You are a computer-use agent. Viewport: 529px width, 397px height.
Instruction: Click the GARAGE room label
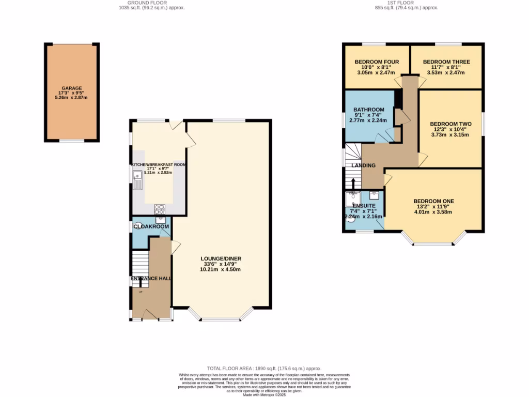click(x=71, y=88)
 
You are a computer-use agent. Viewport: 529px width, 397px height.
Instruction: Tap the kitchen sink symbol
click(x=138, y=181)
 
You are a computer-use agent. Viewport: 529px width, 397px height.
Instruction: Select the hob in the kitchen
click(x=160, y=209)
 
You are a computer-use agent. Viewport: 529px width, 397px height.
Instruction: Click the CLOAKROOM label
click(x=151, y=226)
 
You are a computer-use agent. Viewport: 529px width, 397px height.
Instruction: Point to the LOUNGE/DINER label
click(x=221, y=258)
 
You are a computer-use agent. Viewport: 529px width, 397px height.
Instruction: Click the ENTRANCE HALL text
click(x=151, y=279)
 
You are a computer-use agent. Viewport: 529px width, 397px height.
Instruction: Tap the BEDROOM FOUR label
click(x=377, y=62)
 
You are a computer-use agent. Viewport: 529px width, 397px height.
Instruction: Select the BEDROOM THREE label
click(x=447, y=62)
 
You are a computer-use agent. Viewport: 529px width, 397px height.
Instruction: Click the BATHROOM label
click(x=369, y=110)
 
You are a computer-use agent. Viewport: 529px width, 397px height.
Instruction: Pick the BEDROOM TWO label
click(x=450, y=124)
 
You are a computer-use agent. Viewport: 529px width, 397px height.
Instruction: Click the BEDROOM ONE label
click(x=433, y=201)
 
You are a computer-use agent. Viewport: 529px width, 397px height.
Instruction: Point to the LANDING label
click(x=364, y=165)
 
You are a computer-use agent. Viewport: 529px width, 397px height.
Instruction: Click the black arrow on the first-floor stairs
click(x=353, y=184)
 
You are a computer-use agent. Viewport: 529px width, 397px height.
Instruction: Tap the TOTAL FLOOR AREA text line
click(x=264, y=368)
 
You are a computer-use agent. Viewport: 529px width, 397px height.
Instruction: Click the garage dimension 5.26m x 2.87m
click(x=71, y=98)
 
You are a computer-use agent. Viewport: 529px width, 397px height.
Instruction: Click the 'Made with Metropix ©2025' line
click(x=264, y=394)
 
